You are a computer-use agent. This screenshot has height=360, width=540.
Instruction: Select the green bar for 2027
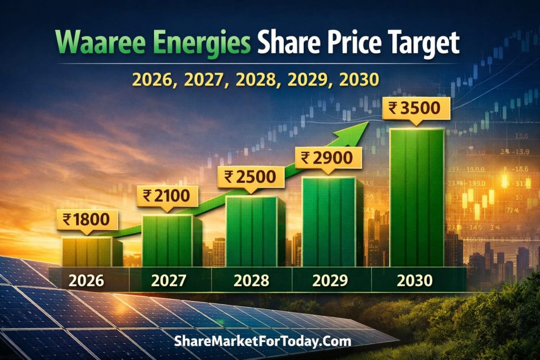[x=168, y=241]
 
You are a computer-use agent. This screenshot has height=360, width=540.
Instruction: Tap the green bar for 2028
[x=252, y=232]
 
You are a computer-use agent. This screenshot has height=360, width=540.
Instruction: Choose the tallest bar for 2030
[x=417, y=198]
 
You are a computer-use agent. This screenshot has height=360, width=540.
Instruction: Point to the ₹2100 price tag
[x=167, y=197]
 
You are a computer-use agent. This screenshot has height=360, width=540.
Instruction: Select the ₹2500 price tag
[x=250, y=176]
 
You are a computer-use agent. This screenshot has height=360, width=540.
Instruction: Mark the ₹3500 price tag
[x=417, y=108]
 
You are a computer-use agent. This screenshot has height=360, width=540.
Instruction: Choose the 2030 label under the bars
[x=415, y=280]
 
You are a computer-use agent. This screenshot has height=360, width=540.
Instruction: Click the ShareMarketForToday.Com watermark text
[x=262, y=341]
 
